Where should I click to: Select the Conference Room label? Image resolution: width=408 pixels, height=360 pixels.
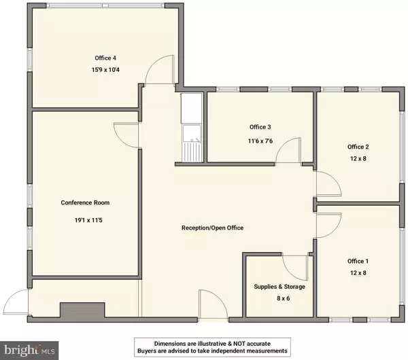click(85, 202)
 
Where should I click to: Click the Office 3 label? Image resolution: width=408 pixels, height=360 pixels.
click(260, 127)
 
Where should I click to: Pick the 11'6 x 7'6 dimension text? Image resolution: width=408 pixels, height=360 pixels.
click(260, 141)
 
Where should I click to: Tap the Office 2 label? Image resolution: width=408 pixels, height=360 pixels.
click(358, 147)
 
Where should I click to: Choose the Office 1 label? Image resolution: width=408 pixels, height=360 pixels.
click(358, 261)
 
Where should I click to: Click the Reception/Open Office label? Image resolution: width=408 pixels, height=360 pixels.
click(212, 228)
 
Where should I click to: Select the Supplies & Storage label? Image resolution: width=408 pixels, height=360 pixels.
click(279, 287)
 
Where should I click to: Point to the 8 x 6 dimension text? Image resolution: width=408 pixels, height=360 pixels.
click(279, 298)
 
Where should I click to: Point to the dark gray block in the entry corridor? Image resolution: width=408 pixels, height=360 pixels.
click(80, 311)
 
